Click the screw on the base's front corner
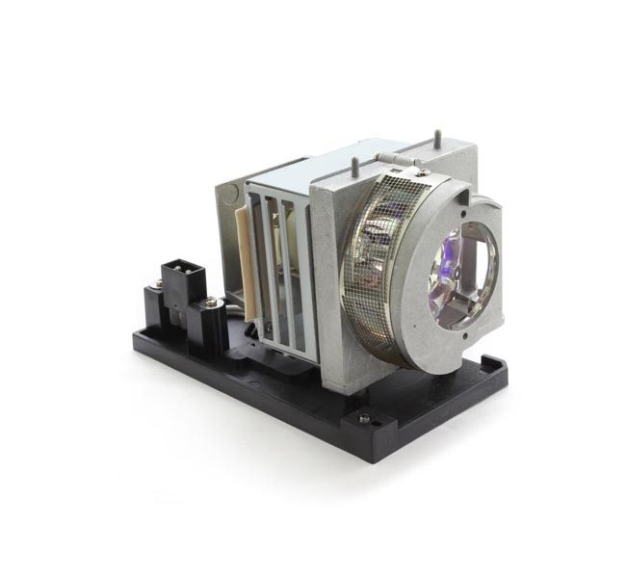[x=363, y=417]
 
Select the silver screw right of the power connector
[x=210, y=303]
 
